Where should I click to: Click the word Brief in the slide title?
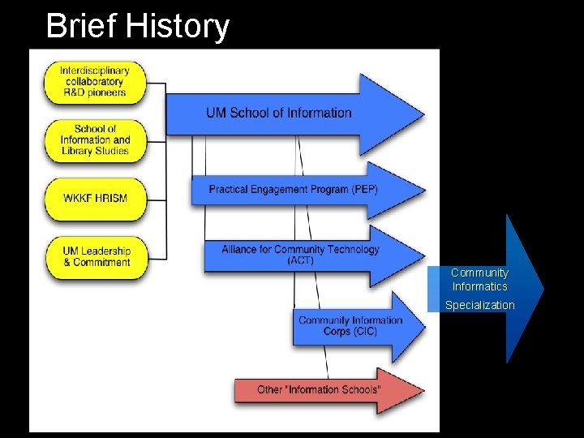79,26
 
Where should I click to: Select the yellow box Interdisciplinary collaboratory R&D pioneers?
95,82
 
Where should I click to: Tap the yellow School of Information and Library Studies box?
95,140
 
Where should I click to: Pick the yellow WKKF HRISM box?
95,198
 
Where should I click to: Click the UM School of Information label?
278,113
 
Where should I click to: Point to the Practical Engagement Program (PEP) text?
293,189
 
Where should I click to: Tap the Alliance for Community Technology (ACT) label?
300,254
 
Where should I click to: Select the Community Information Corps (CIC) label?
350,325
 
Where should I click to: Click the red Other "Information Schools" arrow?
319,389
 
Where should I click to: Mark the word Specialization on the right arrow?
479,305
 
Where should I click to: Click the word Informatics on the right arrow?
479,286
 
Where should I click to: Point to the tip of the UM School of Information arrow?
423,113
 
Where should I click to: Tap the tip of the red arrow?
423,389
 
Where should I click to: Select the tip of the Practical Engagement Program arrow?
423,190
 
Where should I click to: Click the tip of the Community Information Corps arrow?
423,325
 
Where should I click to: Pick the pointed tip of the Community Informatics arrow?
542,288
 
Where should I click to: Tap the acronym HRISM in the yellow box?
110,198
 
